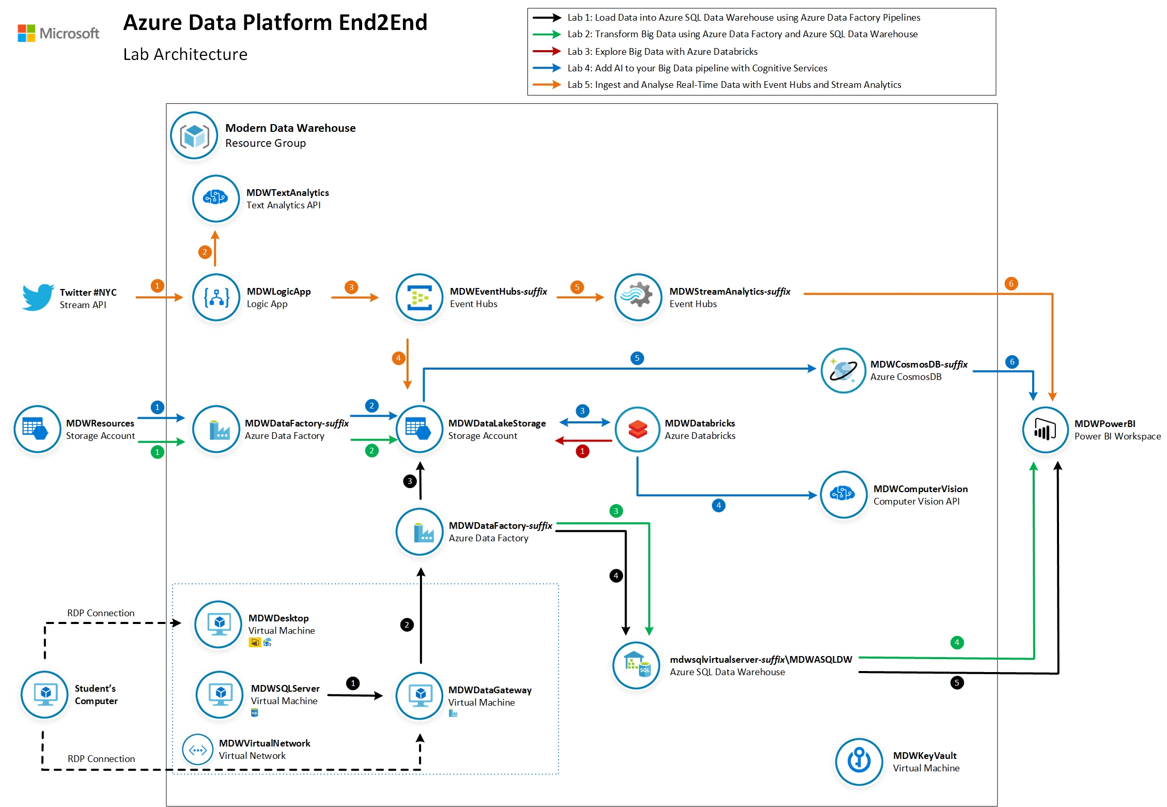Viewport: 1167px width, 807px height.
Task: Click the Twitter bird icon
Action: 38,297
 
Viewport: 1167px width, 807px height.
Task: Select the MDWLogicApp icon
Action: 216,297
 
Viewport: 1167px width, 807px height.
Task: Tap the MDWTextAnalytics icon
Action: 216,198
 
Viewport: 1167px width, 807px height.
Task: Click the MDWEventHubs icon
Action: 419,297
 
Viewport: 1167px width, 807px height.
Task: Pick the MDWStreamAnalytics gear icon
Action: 638,297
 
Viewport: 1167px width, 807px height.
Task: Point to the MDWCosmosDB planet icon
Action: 843,370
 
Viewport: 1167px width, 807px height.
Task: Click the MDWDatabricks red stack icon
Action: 637,429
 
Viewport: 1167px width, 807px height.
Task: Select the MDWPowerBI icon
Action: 1045,430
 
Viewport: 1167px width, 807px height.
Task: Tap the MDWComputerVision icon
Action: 843,494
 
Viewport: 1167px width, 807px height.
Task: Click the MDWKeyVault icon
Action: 859,761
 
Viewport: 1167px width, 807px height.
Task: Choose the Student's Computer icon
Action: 45,694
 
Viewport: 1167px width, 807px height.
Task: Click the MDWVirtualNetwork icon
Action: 197,749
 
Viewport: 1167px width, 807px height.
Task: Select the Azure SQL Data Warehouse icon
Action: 636,665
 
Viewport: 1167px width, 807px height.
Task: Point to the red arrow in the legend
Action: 547,51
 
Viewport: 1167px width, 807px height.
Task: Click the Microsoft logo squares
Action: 26,33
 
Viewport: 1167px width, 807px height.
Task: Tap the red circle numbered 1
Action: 582,451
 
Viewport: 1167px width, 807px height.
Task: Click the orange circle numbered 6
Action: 1011,283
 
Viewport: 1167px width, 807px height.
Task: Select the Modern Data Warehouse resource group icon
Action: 194,135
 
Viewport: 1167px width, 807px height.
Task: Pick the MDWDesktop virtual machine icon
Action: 218,624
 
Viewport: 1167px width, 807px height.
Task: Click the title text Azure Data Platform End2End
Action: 275,23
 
